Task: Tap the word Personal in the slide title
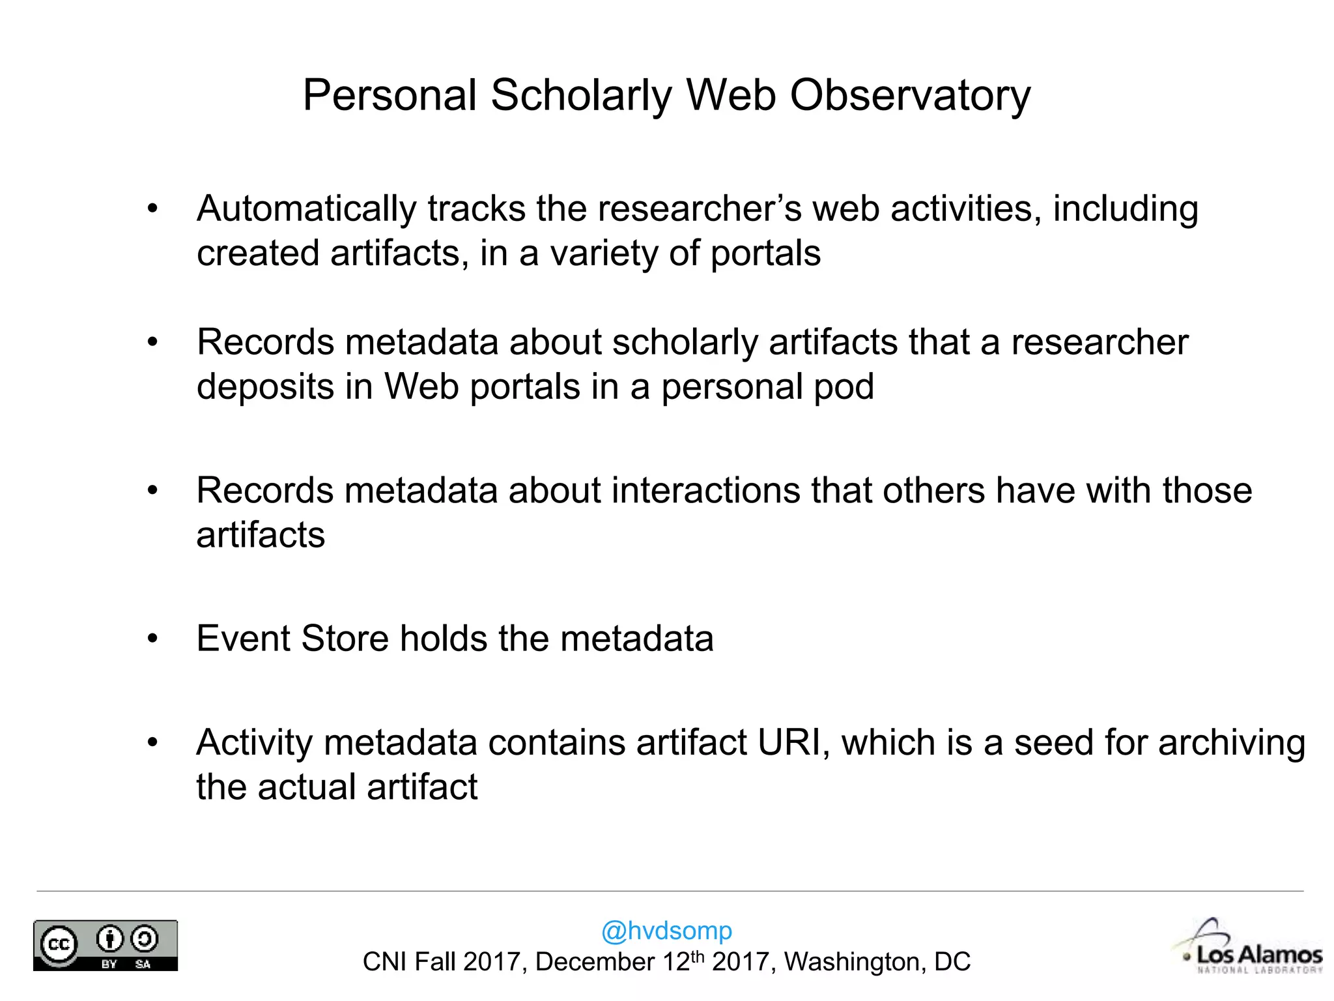coord(390,96)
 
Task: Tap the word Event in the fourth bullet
coord(242,638)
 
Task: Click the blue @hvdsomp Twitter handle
coord(666,931)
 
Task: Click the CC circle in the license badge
coord(59,944)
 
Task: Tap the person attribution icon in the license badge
coord(109,939)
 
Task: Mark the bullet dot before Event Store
coord(152,639)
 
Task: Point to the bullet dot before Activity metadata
coord(152,743)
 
